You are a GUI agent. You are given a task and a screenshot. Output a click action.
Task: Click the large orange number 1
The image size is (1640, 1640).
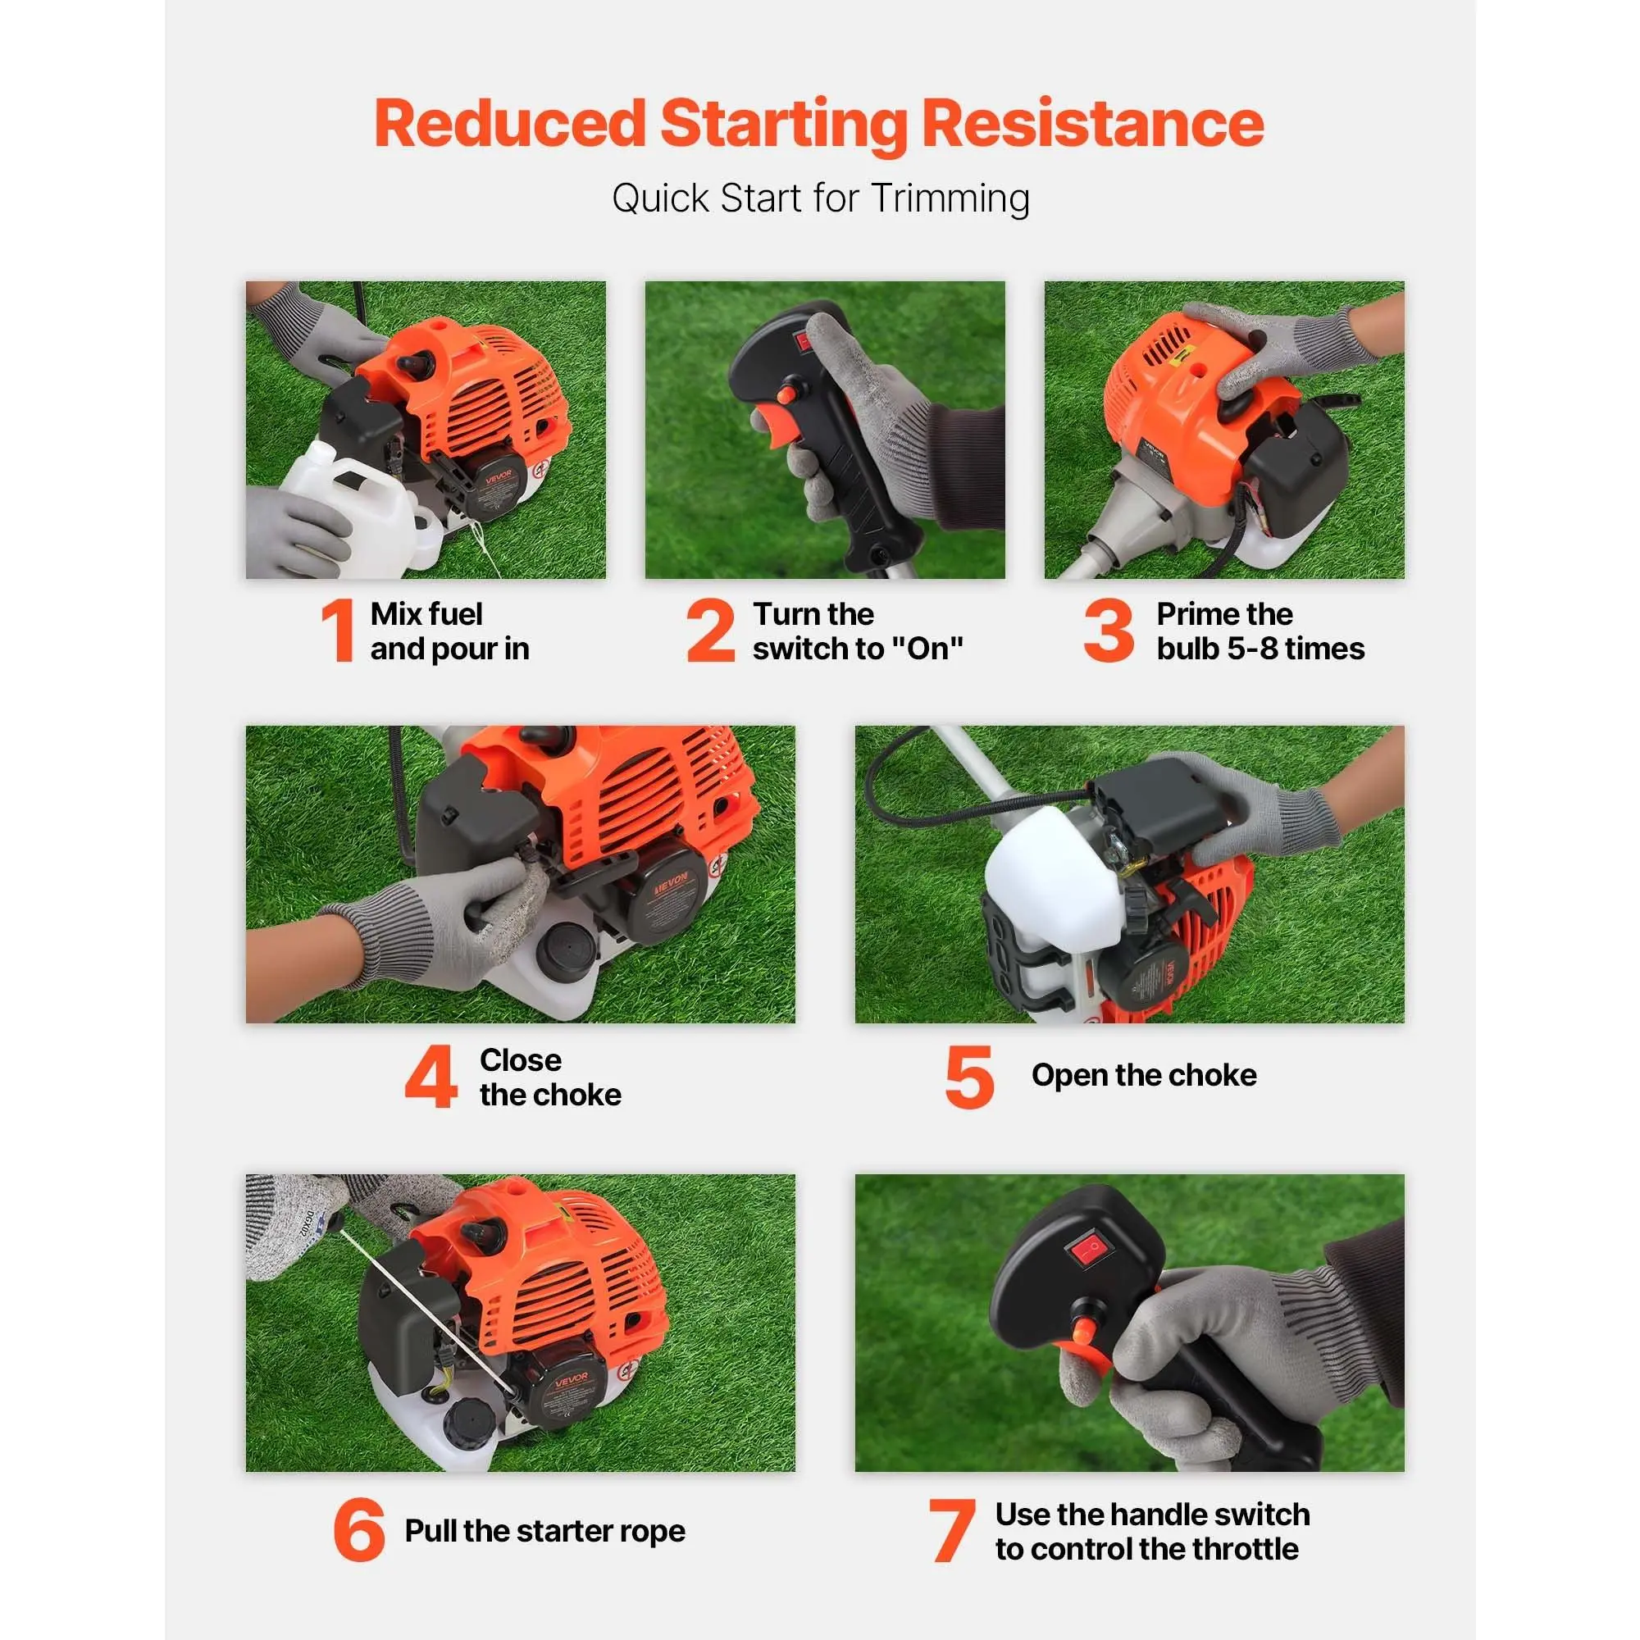point(339,630)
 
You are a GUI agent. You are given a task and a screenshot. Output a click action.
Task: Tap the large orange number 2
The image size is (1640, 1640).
point(710,630)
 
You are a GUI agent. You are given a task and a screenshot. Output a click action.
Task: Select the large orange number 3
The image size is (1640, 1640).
point(1108,630)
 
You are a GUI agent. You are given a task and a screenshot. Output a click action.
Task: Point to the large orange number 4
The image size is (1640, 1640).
point(430,1077)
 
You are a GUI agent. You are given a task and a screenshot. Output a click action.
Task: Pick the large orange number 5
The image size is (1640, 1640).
point(968,1077)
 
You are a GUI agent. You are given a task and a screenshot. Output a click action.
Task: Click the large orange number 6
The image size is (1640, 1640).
point(359,1529)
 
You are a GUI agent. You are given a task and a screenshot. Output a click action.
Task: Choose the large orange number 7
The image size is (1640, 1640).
point(950,1529)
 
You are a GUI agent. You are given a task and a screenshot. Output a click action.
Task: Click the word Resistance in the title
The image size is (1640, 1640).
point(1092,124)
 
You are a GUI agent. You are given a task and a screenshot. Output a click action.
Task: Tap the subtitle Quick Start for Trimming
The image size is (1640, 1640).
point(820,198)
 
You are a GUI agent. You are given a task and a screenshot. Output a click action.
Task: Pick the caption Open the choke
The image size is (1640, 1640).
point(1143,1076)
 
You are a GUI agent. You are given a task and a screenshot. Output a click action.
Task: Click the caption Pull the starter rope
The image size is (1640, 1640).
point(545,1530)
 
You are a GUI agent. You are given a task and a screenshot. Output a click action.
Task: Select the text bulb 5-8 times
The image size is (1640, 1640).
point(1260,649)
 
